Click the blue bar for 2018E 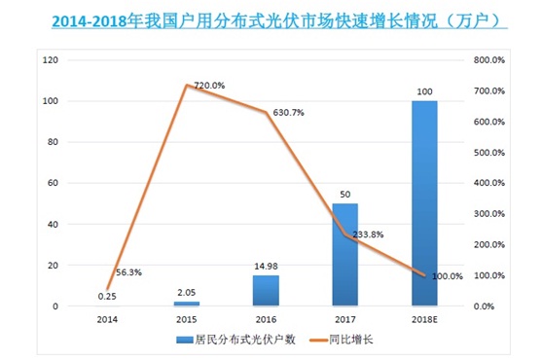[424, 203]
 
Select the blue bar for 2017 [344, 255]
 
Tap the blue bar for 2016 [266, 291]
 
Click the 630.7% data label [288, 113]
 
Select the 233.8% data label [368, 234]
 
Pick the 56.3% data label [128, 273]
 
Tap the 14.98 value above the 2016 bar [266, 267]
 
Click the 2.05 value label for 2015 [186, 293]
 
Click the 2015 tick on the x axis [186, 317]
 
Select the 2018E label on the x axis [424, 317]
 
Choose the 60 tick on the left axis [53, 183]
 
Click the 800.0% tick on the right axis [488, 60]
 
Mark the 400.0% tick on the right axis [488, 183]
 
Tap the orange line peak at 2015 [186, 85]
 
